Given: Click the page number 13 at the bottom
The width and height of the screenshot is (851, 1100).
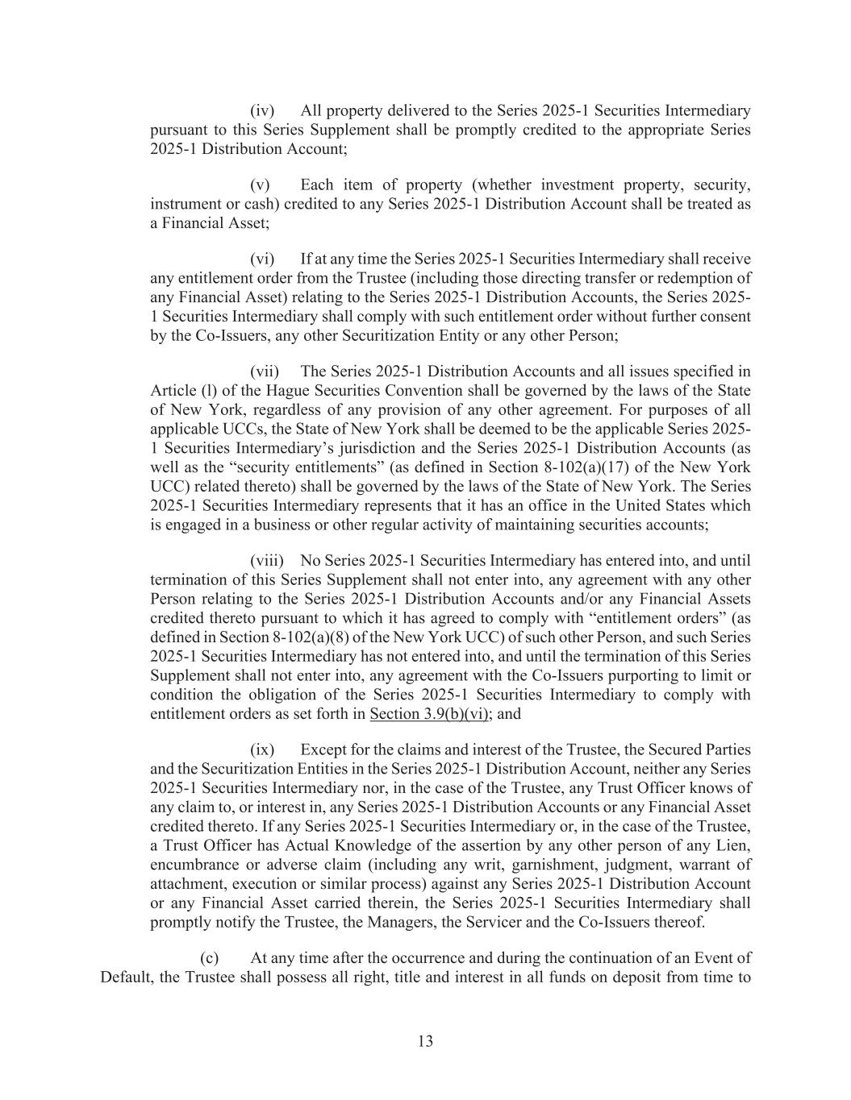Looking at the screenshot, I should click(425, 1041).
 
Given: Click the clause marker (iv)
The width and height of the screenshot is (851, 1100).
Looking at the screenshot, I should click(262, 110).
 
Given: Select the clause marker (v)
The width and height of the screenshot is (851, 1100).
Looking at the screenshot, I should click(262, 185).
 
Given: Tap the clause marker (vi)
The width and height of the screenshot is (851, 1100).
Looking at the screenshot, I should click(262, 259).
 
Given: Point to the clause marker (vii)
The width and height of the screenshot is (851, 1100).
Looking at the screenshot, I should click(264, 372).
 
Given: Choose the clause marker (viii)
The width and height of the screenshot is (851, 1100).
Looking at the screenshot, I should click(265, 560).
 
